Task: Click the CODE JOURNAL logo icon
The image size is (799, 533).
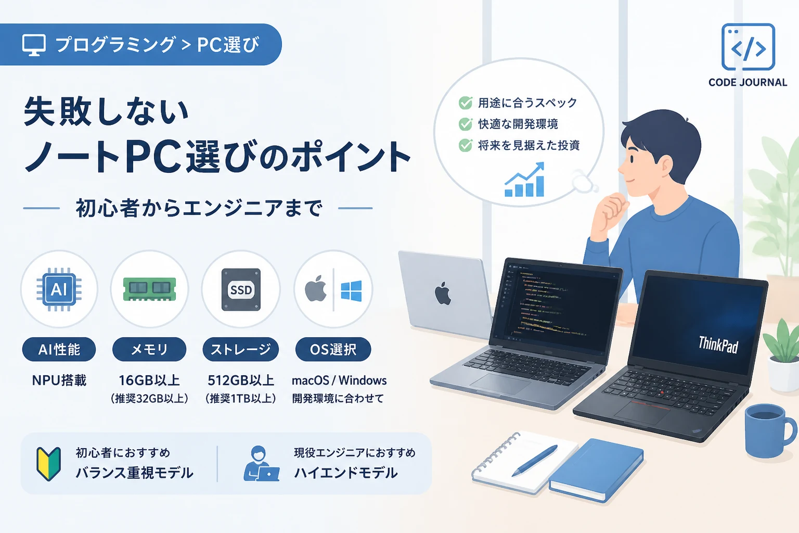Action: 748,47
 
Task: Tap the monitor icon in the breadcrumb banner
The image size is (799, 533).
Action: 34,45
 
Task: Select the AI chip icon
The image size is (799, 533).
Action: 59,289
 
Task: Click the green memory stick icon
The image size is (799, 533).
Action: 149,289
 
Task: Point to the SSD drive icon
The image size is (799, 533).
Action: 241,289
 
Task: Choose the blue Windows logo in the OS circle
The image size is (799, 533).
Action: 351,290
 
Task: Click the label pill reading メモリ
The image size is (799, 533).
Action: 149,349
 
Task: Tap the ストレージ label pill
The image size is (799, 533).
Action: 240,349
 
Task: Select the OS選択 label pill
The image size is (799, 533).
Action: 333,349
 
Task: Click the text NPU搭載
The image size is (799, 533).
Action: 59,380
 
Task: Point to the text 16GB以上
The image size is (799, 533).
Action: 149,380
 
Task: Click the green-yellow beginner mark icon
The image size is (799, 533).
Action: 48,464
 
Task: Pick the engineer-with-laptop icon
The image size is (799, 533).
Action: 261,463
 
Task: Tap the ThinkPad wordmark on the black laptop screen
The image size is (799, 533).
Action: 718,345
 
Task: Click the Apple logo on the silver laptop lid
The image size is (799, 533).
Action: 443,294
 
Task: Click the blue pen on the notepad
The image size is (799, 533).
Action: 534,461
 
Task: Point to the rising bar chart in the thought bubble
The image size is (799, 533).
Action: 524,180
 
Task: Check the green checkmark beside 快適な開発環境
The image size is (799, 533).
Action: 466,124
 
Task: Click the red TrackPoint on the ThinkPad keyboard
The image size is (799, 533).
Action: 662,392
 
